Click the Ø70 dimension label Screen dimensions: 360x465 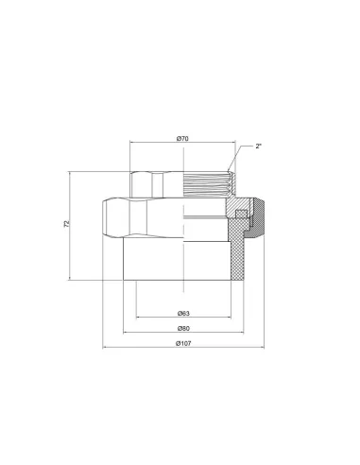(x=182, y=138)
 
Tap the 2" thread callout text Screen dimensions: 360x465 (x=259, y=146)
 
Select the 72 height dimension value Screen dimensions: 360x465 (x=67, y=224)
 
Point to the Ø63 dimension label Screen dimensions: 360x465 (x=183, y=313)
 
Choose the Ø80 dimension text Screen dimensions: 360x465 (x=183, y=328)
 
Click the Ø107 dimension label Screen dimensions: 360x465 (x=183, y=343)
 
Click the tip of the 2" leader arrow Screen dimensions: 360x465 (x=228, y=172)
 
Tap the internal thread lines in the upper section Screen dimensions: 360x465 (x=206, y=184)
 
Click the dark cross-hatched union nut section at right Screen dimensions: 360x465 (x=257, y=218)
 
